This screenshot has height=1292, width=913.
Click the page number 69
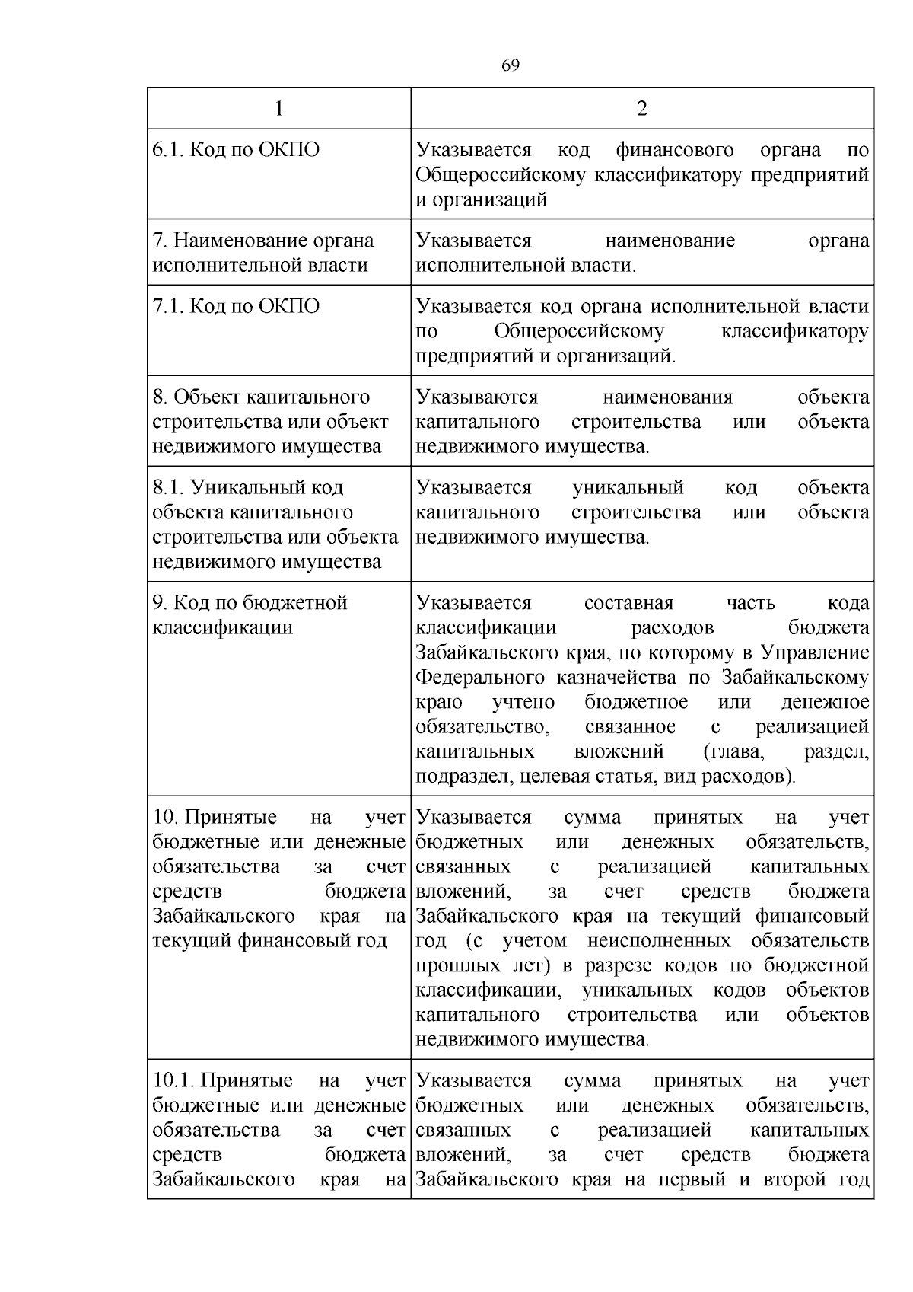point(511,65)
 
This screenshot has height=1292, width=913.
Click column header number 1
point(278,109)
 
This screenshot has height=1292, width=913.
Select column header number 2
point(641,109)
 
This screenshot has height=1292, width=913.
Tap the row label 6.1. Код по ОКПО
point(236,150)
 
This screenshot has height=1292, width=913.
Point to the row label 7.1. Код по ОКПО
point(236,307)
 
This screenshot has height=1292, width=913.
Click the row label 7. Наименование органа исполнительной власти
point(263,253)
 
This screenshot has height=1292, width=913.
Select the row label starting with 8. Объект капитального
point(270,422)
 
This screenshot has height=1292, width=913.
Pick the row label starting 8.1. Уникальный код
point(275,525)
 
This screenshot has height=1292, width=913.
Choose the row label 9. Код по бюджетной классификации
point(250,615)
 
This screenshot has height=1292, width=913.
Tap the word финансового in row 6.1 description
point(675,150)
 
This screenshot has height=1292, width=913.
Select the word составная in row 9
point(628,604)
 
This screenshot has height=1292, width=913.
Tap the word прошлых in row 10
point(453,966)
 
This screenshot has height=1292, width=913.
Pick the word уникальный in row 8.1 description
point(628,488)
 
